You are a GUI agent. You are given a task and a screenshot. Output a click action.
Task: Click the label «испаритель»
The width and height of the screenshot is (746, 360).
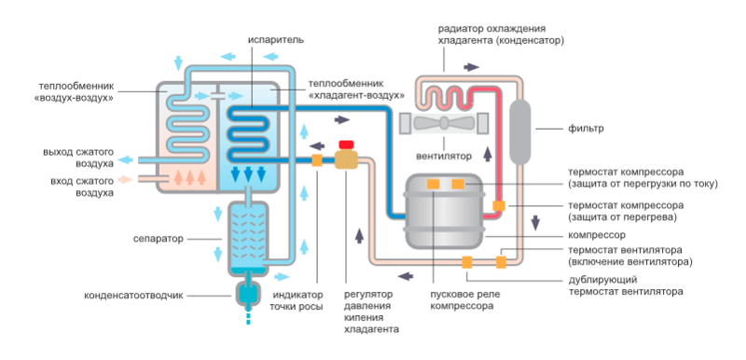tap(275, 39)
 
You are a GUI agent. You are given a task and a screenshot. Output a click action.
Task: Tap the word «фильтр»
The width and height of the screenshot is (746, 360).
tap(586, 129)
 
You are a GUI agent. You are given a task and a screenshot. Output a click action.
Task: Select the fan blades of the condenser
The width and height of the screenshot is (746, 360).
tap(443, 123)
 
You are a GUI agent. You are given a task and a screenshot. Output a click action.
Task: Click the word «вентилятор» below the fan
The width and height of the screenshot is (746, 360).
tap(444, 156)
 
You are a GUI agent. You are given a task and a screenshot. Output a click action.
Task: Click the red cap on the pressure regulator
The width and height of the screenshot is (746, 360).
tap(346, 145)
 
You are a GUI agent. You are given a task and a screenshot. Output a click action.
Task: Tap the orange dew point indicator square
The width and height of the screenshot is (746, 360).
tap(317, 160)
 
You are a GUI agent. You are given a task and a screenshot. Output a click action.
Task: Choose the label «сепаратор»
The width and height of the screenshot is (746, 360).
tap(158, 238)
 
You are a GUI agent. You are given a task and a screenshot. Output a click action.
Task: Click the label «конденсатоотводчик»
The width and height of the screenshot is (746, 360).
tap(133, 296)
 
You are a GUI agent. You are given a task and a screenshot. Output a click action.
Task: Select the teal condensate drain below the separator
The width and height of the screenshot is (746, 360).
tap(248, 295)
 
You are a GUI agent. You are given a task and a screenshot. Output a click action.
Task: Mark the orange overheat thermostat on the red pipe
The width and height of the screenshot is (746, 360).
tap(499, 205)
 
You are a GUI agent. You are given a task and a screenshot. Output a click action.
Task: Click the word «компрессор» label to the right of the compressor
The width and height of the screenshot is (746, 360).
tap(597, 235)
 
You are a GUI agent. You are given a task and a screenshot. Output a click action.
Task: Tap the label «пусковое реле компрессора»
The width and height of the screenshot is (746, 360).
tap(462, 299)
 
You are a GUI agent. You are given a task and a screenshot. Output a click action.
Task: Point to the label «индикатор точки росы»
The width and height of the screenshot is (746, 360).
tap(297, 300)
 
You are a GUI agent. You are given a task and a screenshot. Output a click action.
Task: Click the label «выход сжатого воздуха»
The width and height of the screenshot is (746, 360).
tap(78, 159)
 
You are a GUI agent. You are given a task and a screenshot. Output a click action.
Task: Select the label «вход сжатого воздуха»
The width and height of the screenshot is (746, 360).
tap(82, 187)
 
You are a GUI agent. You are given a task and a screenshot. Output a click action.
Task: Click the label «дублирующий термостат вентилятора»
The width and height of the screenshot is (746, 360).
tap(626, 284)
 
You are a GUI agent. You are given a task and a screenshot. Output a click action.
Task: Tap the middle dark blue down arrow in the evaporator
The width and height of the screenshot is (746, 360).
tap(248, 174)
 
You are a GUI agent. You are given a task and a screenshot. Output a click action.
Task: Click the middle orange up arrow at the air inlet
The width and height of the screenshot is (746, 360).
tap(189, 176)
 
